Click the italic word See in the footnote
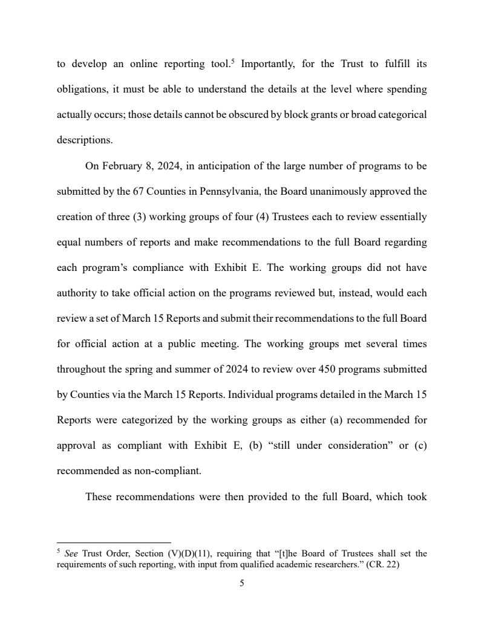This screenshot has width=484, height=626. pos(71,553)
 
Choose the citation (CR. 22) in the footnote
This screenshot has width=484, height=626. pos(383,566)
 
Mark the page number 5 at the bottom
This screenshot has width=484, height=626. pos(242,584)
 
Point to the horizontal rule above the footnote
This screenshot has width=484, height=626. pos(114,543)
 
